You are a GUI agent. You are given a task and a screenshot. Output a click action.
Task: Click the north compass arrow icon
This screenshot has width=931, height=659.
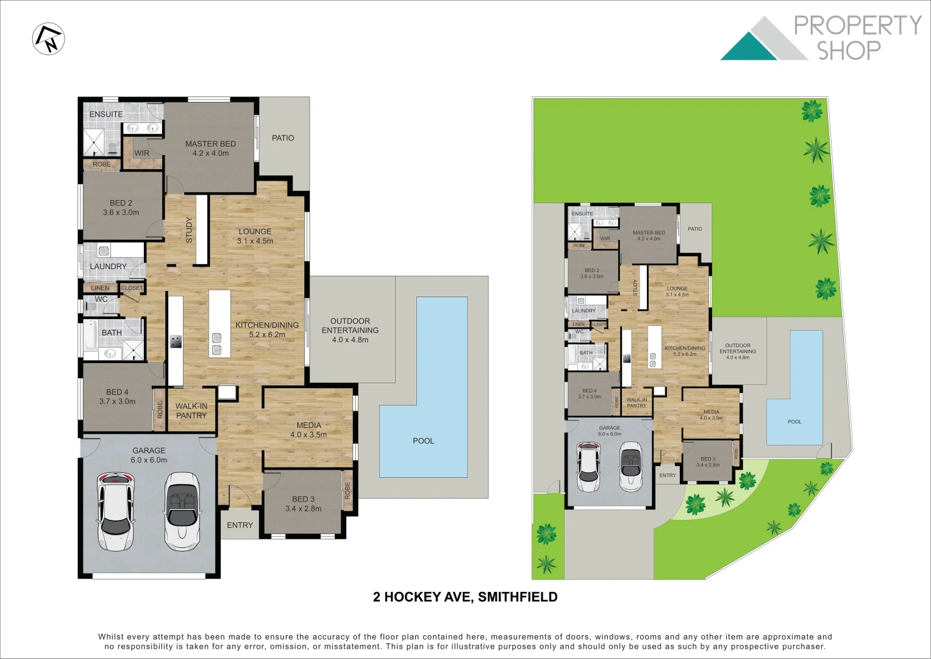pos(49,38)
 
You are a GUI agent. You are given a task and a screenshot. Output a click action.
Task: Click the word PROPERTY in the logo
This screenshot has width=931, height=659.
pos(857,26)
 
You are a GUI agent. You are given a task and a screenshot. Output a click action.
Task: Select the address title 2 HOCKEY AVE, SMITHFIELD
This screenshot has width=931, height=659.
pos(465,597)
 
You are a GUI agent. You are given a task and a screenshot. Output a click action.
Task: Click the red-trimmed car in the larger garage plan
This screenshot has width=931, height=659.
pos(115,511)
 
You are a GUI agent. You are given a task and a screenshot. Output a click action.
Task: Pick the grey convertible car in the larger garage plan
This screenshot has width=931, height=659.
pos(182,510)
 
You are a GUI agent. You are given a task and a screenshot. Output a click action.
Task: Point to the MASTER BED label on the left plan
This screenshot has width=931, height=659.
pos(210,144)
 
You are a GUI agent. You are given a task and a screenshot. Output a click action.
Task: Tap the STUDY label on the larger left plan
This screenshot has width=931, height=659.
pos(189,230)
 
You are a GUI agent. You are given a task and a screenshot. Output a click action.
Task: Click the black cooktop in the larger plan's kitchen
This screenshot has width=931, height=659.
pos(176,342)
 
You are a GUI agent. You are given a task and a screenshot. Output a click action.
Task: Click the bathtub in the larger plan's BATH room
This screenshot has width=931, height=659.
pos(90,340)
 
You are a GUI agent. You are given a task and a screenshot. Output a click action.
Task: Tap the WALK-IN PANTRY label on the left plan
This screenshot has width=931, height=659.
pos(191,411)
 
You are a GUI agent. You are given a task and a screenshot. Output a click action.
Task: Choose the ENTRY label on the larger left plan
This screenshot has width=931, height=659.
pos(240,525)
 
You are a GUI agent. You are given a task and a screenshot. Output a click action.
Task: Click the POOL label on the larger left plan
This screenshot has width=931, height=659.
pos(423,441)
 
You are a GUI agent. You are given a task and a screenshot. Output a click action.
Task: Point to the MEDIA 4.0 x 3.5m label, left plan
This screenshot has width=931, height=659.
pos(309,430)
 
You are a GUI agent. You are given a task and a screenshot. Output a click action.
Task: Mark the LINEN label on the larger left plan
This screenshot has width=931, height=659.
pos(100,288)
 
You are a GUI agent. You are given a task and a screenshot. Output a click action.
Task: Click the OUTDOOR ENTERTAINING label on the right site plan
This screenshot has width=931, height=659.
pos(737,351)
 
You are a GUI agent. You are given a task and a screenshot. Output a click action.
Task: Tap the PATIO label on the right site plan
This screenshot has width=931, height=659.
pos(695,229)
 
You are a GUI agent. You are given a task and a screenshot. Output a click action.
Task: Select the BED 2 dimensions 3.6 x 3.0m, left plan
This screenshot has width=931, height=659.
pos(121,212)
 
